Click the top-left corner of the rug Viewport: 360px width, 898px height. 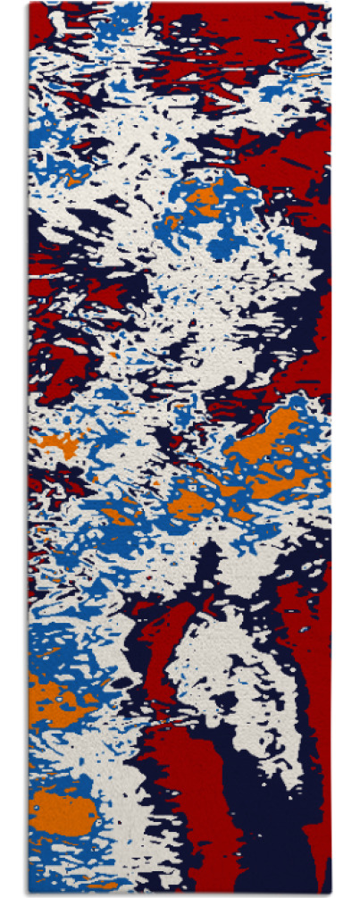(29, 4)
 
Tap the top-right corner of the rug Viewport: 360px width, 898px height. (330, 4)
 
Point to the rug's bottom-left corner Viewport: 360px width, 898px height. (29, 894)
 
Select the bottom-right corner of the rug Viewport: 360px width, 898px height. (330, 894)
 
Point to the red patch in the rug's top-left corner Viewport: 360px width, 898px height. (40, 22)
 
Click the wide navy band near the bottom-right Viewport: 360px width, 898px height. (268, 804)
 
